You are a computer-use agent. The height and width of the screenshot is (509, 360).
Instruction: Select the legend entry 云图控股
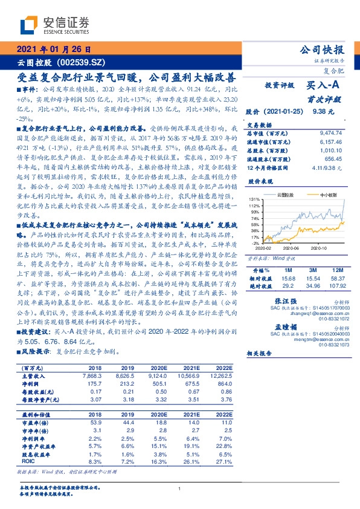point(286,195)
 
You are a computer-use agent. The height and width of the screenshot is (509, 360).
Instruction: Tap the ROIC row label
point(29,462)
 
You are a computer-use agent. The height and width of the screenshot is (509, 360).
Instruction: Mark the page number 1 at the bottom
point(180,488)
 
